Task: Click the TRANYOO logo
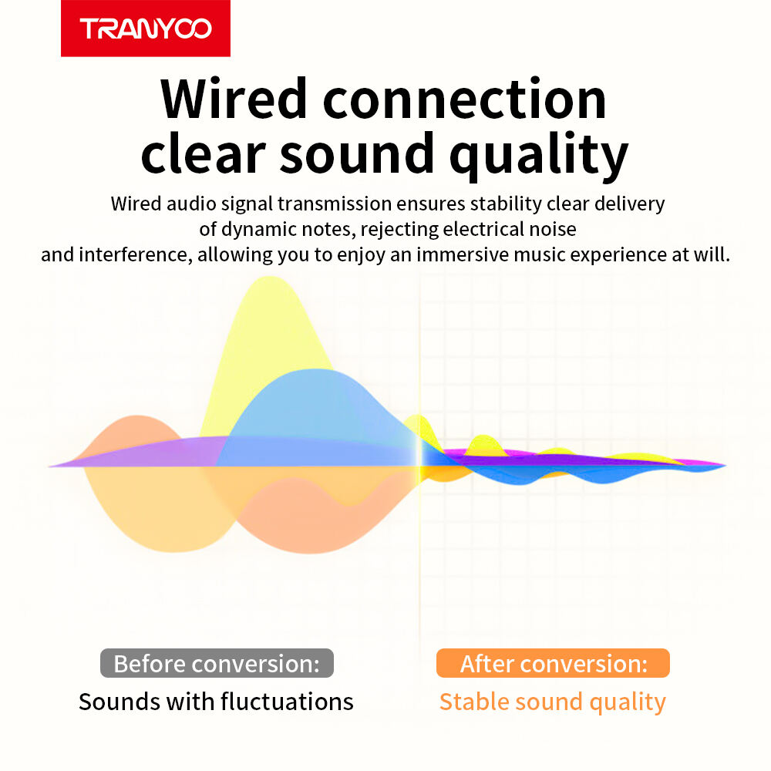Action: coord(146,29)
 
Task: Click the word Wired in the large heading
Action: coord(234,99)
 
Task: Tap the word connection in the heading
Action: coord(465,99)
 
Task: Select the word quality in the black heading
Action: coord(539,156)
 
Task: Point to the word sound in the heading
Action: coord(357,153)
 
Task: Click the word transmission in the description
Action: coord(335,204)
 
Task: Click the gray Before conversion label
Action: coord(217,663)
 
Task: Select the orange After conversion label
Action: coord(553,663)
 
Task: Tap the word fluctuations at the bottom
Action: coord(287,702)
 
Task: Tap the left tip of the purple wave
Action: coord(49,466)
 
